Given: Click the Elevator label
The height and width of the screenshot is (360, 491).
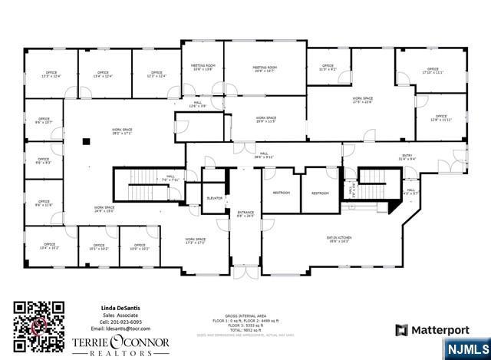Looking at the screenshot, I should (x=215, y=198).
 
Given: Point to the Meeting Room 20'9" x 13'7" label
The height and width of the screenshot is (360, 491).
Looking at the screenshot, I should (x=265, y=69).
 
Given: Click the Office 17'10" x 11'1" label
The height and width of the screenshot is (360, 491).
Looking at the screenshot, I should (x=433, y=71).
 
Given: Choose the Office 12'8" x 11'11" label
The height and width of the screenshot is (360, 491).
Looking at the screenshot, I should (x=440, y=118).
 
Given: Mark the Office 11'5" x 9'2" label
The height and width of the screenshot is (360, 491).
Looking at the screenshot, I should (x=328, y=68).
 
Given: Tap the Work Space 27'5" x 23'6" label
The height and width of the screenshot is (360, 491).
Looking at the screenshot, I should (x=362, y=101).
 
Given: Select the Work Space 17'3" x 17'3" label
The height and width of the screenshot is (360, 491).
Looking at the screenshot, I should (x=196, y=241).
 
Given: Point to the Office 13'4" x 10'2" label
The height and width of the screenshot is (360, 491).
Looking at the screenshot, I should (x=49, y=247).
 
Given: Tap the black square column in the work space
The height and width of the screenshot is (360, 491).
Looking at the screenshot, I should (x=87, y=140).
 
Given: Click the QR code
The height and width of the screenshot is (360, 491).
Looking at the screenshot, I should (x=35, y=327).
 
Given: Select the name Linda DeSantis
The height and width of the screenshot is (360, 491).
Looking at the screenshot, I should (x=121, y=307).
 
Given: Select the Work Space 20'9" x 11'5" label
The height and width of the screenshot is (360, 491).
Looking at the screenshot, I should (x=265, y=121).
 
